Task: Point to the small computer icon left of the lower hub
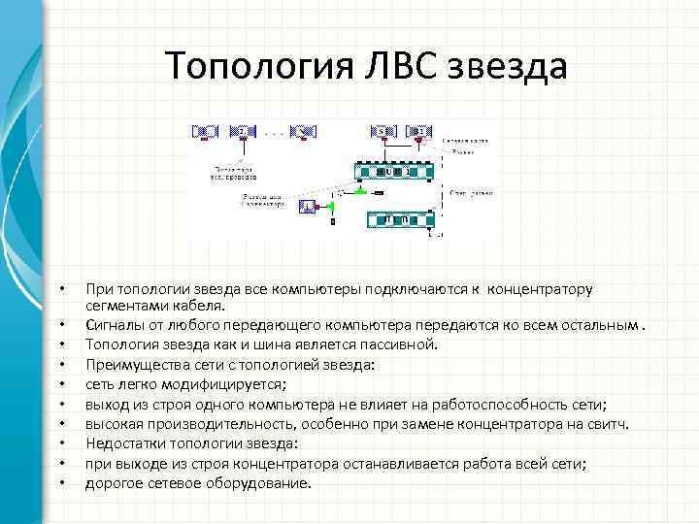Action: [x=307, y=206]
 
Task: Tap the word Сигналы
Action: [x=113, y=323]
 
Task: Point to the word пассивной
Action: [x=401, y=344]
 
